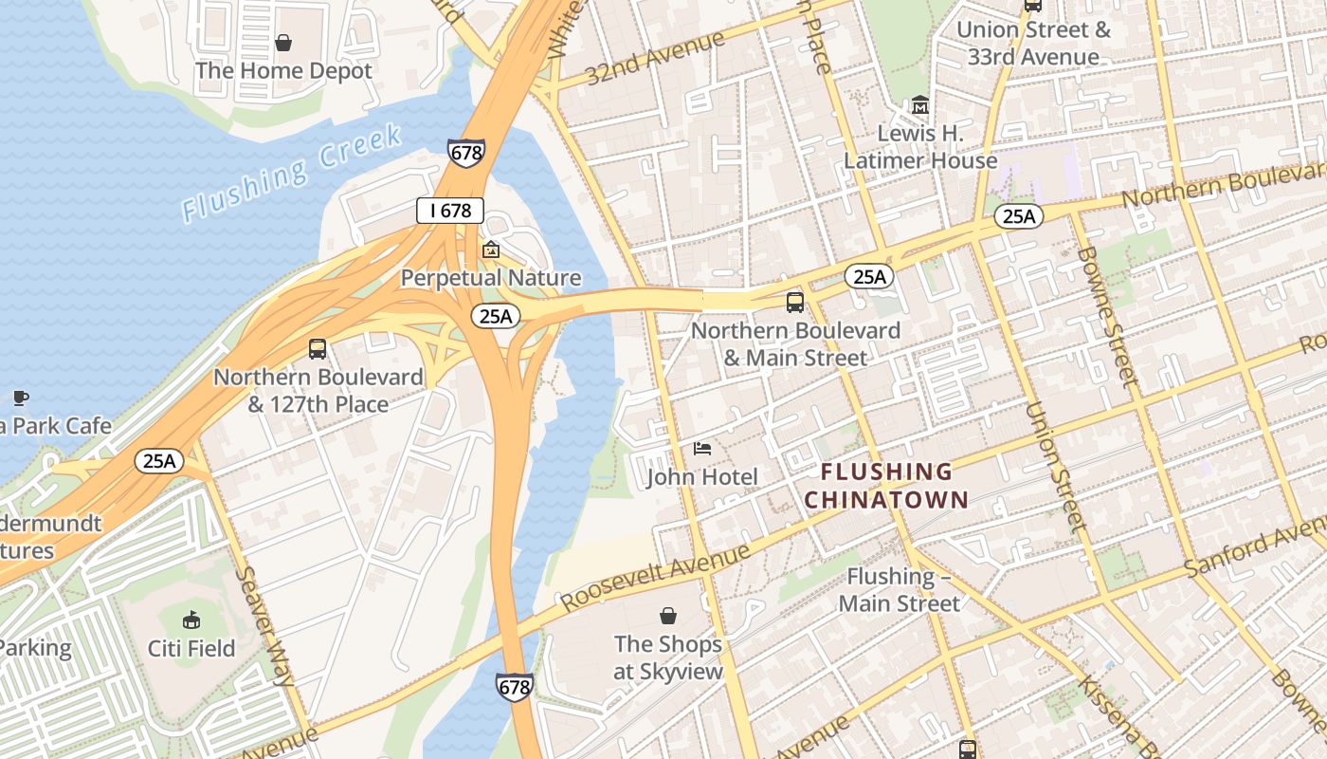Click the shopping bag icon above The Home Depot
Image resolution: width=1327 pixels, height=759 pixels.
tap(282, 43)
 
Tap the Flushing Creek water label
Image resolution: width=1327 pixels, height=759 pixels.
tap(292, 173)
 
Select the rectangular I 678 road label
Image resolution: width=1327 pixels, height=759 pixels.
tap(450, 211)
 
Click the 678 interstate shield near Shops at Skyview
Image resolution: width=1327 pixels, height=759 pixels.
tap(514, 688)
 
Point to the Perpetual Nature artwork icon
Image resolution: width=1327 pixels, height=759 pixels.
tap(490, 250)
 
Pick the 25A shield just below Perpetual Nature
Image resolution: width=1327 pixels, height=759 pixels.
tap(496, 316)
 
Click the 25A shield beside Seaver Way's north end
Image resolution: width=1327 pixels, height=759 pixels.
tap(158, 462)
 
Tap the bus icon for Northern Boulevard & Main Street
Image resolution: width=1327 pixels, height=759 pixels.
tap(794, 303)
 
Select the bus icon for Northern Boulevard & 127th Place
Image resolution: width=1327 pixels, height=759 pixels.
tap(318, 349)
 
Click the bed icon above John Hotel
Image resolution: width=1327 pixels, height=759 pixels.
tap(701, 448)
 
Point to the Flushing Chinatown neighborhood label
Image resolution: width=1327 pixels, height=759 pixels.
tap(886, 485)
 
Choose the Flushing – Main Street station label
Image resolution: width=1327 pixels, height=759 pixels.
tap(899, 589)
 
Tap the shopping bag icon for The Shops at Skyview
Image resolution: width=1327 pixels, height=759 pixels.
tap(668, 616)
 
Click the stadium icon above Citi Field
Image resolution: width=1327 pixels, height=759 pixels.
tap(191, 620)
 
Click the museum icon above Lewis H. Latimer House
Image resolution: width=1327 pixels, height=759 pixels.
tap(919, 104)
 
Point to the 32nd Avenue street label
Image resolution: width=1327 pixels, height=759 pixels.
tap(654, 57)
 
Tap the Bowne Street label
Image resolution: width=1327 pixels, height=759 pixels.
tap(1105, 316)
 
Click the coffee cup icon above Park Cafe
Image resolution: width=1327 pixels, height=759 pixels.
tap(20, 398)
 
